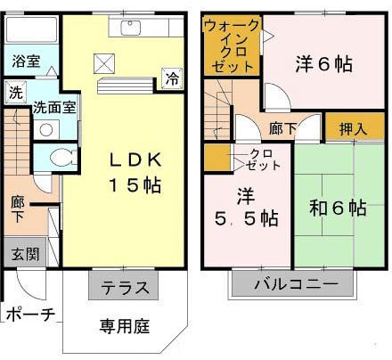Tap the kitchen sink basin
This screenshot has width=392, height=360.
point(130,29)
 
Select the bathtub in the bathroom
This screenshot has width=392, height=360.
point(31,29)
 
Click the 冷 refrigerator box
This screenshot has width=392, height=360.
point(172,78)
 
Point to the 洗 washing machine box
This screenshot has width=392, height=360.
point(16,93)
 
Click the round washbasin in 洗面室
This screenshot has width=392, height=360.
point(46,130)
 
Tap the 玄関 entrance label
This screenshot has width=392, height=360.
point(25,254)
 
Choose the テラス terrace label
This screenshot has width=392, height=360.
point(125,287)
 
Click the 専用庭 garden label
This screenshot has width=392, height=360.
point(125,326)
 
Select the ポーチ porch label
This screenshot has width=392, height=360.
point(30,314)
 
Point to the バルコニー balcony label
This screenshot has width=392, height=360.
point(296,283)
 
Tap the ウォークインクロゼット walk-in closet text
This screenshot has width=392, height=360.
point(232,45)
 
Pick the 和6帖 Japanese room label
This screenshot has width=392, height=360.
point(338,208)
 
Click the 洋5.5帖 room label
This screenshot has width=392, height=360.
point(246,207)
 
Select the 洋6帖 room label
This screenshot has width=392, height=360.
point(323,63)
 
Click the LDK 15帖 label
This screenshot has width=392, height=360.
point(135,172)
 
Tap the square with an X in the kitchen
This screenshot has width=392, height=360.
point(104,63)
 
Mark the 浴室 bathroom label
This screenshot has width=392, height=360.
point(26,61)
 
